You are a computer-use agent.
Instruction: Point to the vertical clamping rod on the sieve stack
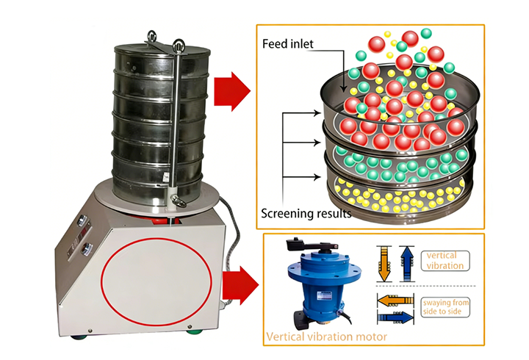(x=176, y=118)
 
